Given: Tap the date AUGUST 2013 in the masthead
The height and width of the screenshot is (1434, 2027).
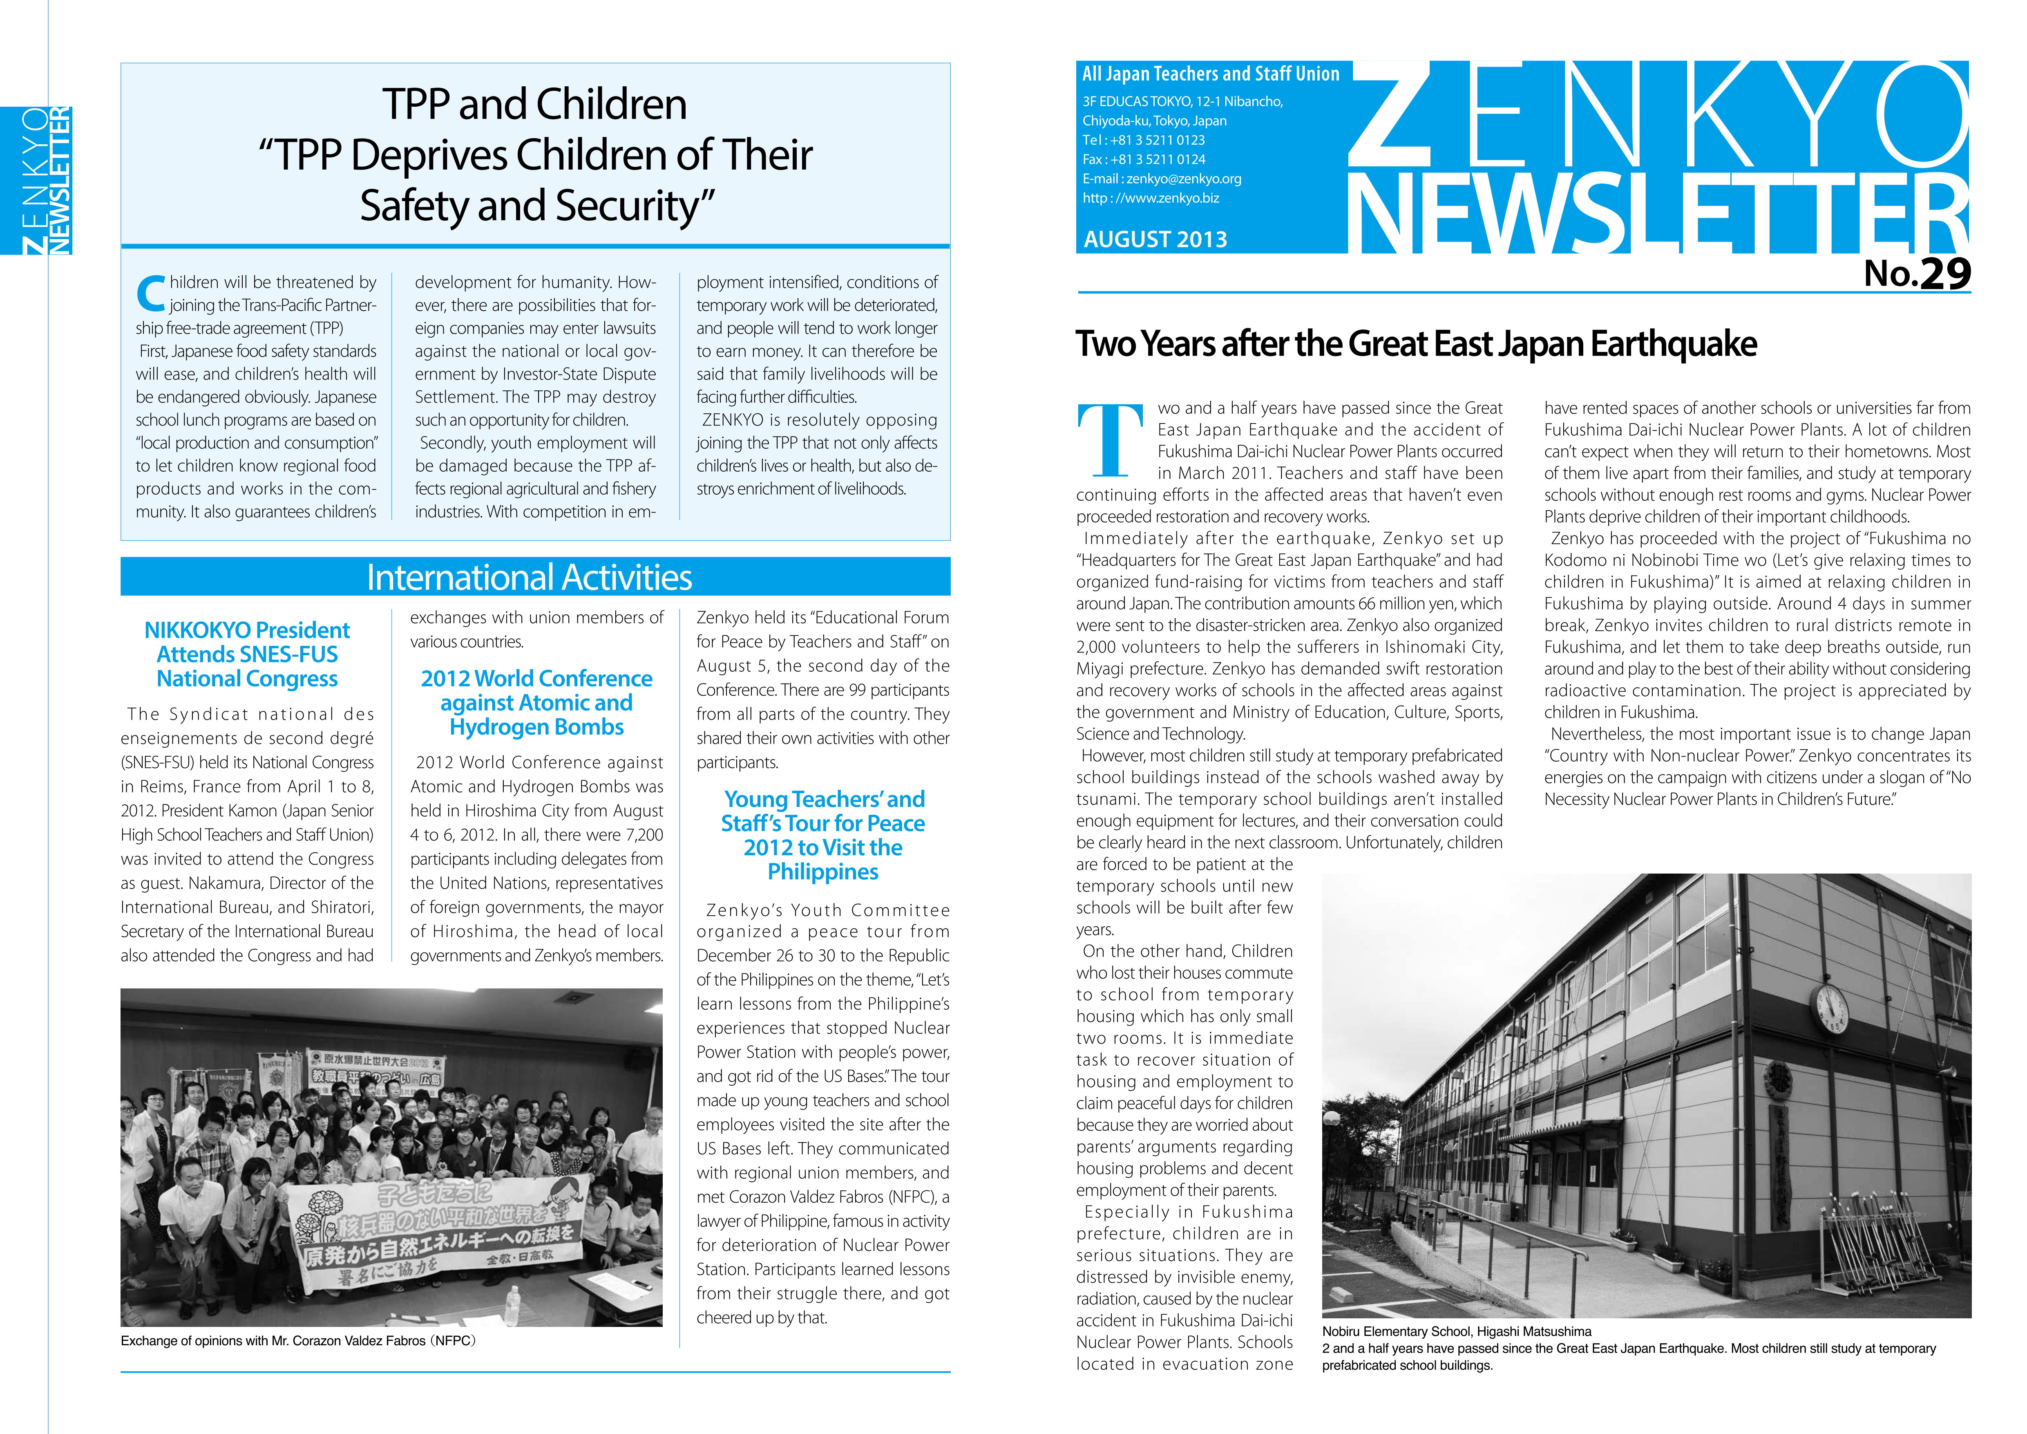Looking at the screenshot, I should [x=1155, y=239].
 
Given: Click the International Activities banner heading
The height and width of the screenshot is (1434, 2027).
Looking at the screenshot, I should [x=530, y=578].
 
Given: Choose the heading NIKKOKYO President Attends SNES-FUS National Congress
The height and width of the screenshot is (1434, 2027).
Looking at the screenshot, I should [x=247, y=654].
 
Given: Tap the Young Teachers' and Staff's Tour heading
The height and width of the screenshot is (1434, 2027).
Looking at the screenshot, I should [x=823, y=835].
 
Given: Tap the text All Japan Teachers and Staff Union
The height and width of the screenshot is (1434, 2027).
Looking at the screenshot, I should [x=1210, y=74].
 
